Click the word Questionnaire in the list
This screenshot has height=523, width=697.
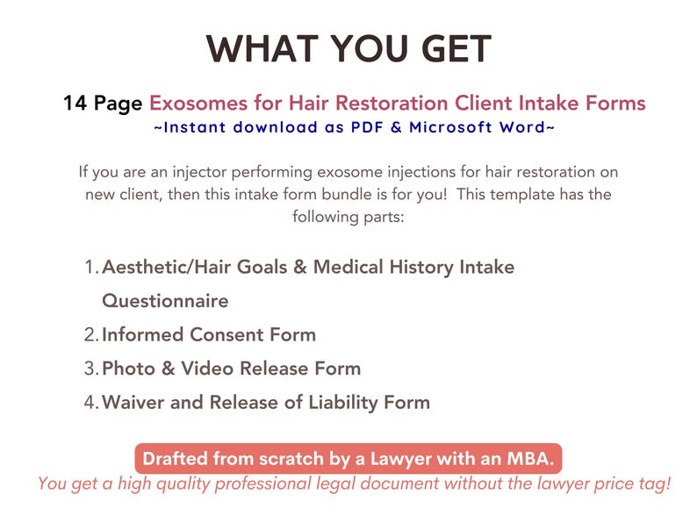point(165,301)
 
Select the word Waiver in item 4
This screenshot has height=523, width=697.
point(132,403)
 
